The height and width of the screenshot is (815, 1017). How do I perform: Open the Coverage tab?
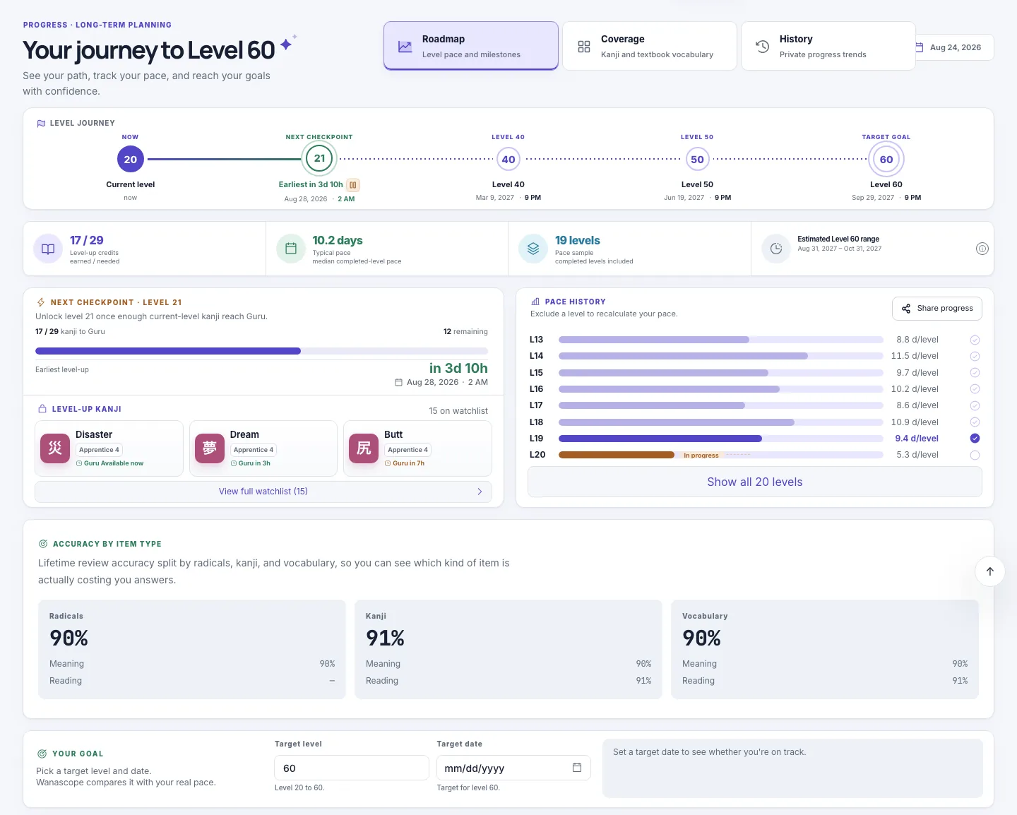(x=649, y=46)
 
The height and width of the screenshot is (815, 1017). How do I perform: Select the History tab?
(x=828, y=46)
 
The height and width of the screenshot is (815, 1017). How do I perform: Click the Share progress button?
(x=936, y=308)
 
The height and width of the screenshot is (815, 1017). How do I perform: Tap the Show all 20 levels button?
(x=755, y=482)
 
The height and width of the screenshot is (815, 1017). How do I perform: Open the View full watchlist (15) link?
(x=263, y=491)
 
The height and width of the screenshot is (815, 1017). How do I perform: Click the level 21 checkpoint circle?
(x=319, y=158)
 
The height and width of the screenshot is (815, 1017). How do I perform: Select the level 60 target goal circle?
(x=886, y=160)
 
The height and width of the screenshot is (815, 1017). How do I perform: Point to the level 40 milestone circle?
(x=508, y=160)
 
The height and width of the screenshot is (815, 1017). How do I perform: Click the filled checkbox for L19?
(x=975, y=439)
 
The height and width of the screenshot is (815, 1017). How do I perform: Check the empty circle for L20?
(x=975, y=455)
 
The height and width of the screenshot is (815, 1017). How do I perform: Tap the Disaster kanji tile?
(x=109, y=448)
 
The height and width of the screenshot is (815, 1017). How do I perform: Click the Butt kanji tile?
(x=417, y=448)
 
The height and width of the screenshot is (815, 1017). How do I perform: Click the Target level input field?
(x=352, y=768)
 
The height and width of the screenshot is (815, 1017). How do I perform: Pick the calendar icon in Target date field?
(x=576, y=767)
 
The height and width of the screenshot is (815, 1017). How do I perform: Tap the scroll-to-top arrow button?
(x=989, y=571)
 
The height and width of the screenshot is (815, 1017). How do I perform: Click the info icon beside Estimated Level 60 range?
(x=982, y=249)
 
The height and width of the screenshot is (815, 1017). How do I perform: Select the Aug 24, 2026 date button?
(x=954, y=47)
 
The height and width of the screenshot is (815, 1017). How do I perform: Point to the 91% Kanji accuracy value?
(x=385, y=638)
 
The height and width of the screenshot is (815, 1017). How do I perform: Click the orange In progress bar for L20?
(x=617, y=455)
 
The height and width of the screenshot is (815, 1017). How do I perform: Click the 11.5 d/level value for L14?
(x=915, y=355)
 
